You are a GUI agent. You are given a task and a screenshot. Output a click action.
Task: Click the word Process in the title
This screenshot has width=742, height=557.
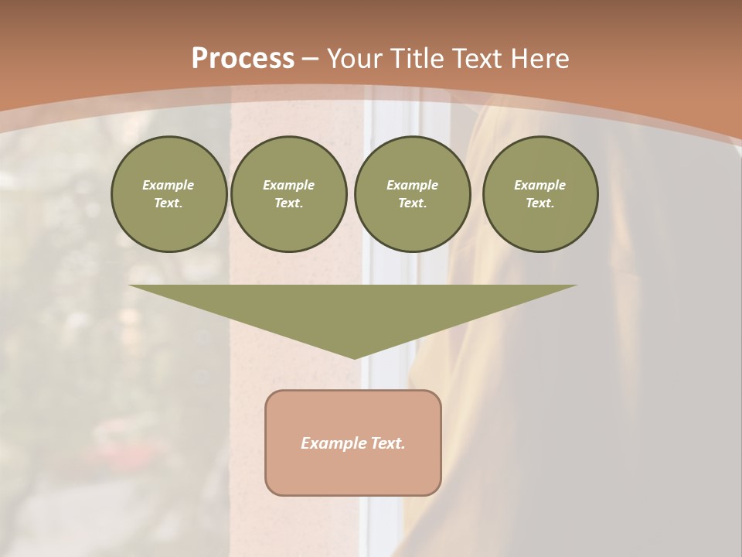[x=243, y=59]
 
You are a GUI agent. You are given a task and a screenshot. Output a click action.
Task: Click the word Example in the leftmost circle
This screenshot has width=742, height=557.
[x=168, y=185]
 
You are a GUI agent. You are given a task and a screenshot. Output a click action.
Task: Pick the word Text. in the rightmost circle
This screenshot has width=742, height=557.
[x=540, y=203]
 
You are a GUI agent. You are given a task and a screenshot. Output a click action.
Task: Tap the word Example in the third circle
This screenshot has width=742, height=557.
[x=412, y=185]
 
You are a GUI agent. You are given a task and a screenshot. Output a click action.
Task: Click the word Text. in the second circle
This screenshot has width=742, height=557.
[x=289, y=203]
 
